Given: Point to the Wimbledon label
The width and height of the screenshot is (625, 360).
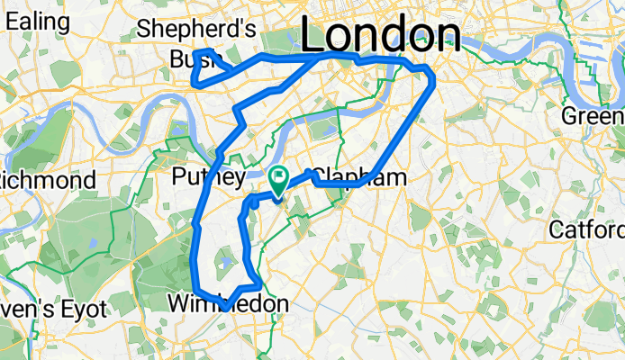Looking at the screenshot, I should coord(229,305).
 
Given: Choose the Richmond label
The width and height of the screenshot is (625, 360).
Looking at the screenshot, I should coord(48,180).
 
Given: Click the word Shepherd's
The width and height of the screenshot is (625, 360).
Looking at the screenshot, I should coord(196,30).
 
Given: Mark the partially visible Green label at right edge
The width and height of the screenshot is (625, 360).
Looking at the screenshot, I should coord(593,116).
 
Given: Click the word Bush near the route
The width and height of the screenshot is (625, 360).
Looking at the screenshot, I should coord(195,59).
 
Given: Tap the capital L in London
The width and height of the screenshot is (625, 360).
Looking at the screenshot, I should coord(313,37).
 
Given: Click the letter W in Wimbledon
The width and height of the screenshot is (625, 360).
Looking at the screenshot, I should coord(178,305).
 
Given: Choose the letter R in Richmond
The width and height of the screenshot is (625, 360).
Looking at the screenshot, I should coord(5,180).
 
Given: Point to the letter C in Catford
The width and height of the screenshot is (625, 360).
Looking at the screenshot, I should coord(557,229).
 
